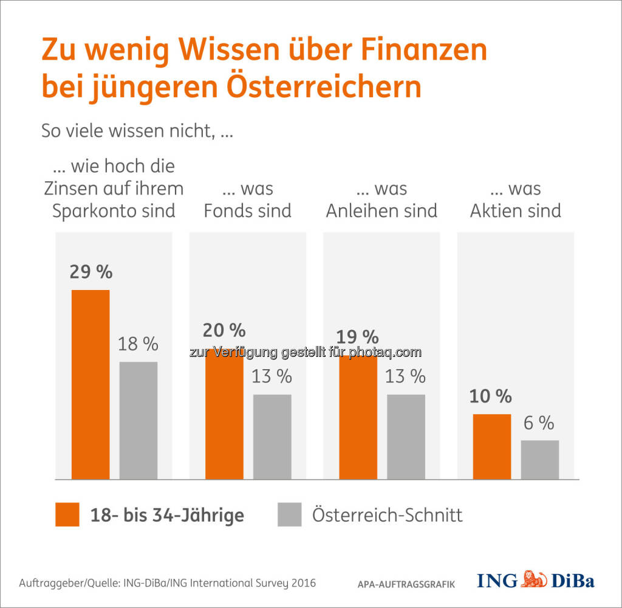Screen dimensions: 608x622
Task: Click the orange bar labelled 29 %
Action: (x=91, y=384)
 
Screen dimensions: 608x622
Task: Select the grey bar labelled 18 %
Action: (x=138, y=420)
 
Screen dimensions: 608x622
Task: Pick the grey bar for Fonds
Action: (x=272, y=437)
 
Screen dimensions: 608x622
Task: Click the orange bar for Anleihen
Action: (x=358, y=417)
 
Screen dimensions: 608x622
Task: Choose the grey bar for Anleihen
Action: (x=406, y=437)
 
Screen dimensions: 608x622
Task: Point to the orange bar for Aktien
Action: (x=491, y=446)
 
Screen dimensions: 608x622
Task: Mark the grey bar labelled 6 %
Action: (x=539, y=459)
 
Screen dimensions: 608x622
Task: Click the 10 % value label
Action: (x=490, y=396)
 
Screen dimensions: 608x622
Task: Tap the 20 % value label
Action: (x=224, y=330)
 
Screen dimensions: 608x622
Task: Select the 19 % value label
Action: (x=357, y=337)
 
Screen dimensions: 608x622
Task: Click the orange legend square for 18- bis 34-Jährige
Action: (x=67, y=514)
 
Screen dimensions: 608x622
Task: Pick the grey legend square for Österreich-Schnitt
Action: (x=290, y=514)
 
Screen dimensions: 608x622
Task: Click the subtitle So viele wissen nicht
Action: (x=137, y=130)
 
